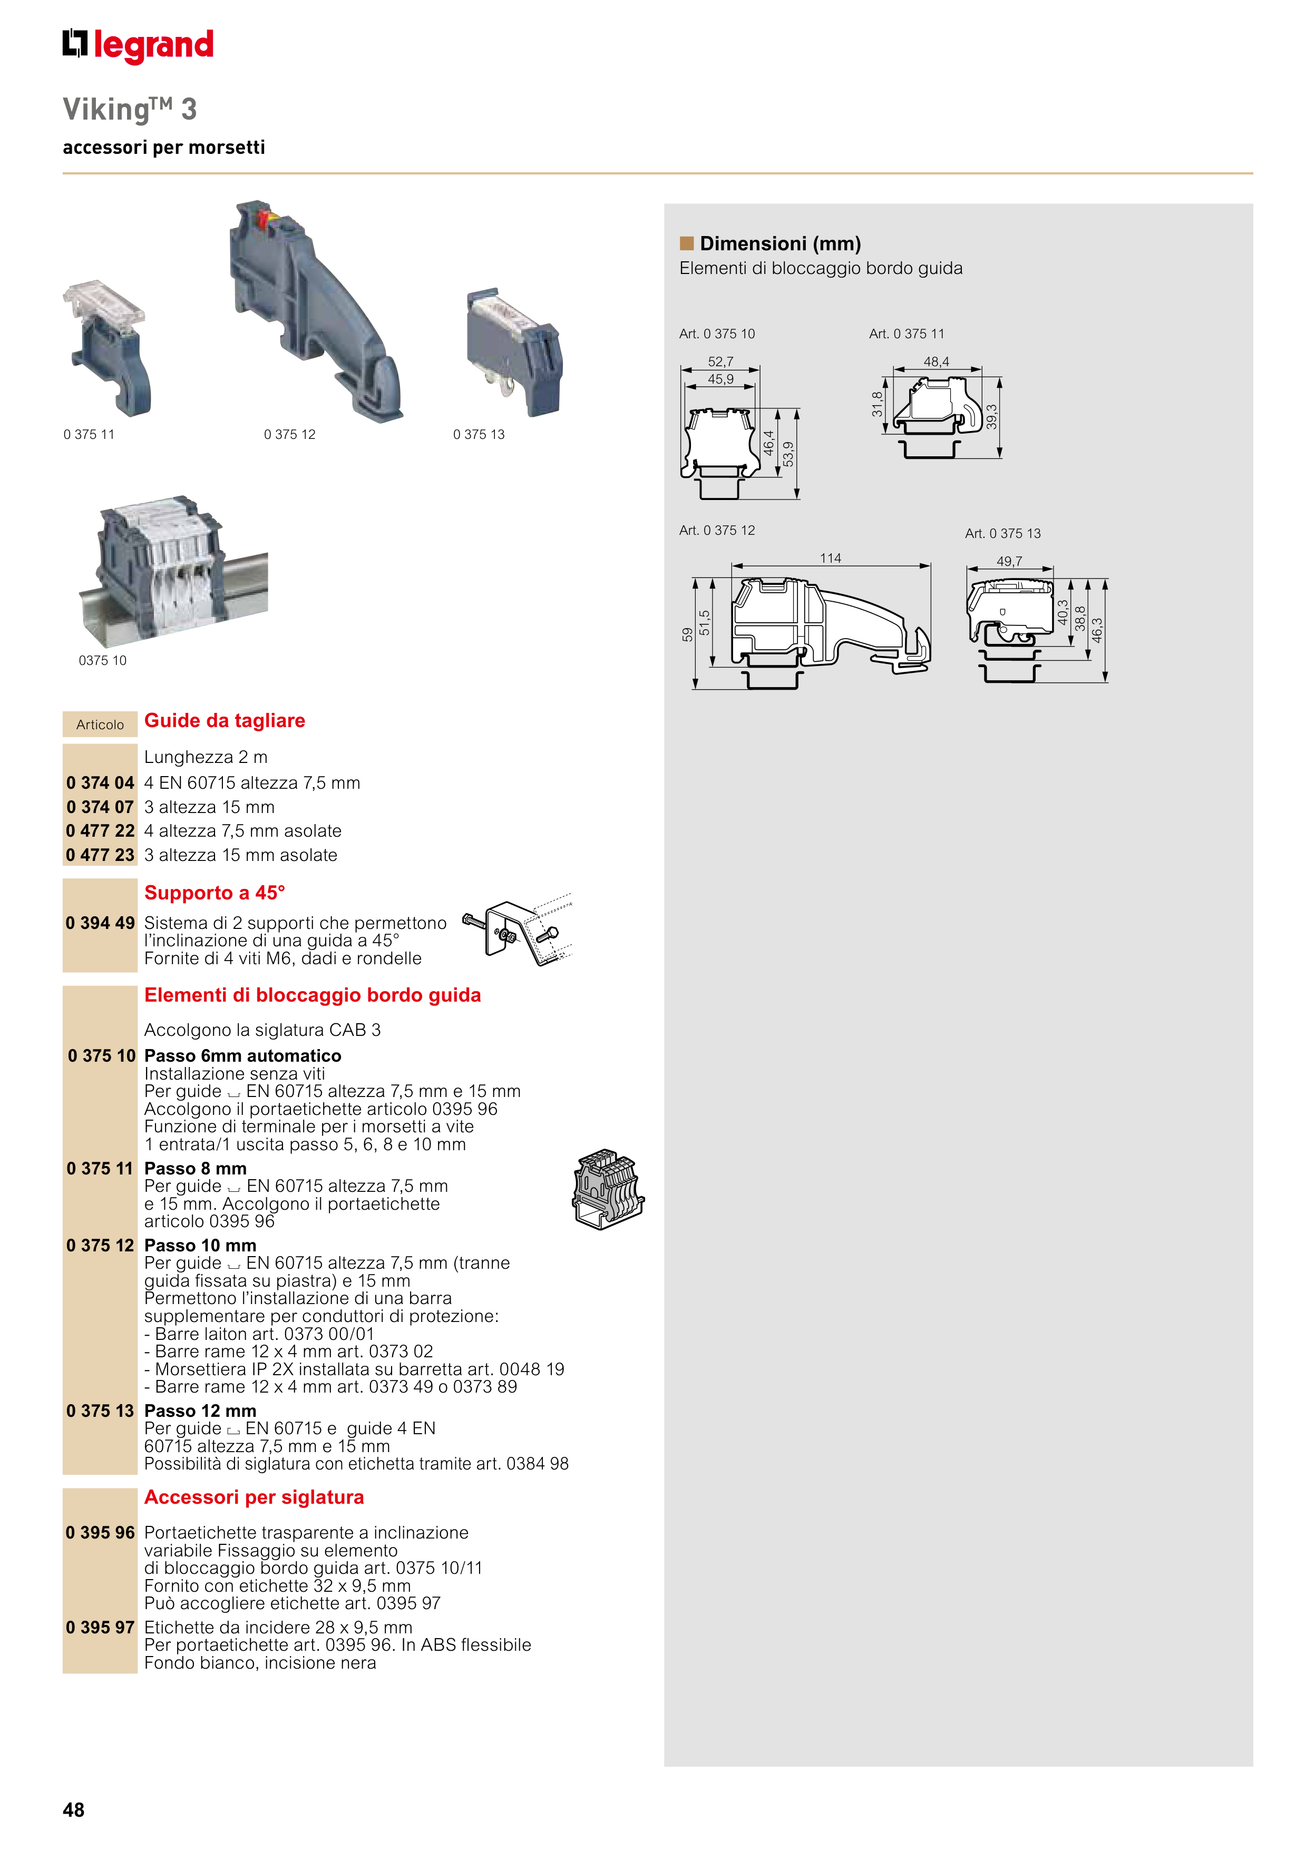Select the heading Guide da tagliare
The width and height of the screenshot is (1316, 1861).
[x=225, y=721]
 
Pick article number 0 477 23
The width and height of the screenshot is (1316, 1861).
[x=100, y=855]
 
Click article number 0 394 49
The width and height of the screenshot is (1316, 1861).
[x=100, y=923]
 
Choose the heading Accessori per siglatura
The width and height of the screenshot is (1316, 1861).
[x=254, y=1497]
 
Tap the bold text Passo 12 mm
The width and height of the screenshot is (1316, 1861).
[x=200, y=1411]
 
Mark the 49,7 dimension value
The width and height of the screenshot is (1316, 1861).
[x=1009, y=561]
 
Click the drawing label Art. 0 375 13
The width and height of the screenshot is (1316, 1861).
[x=1002, y=533]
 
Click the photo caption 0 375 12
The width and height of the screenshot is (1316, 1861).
[x=289, y=435]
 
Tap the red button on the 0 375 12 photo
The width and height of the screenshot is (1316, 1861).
[x=262, y=217]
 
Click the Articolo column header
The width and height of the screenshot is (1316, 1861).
[x=100, y=724]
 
